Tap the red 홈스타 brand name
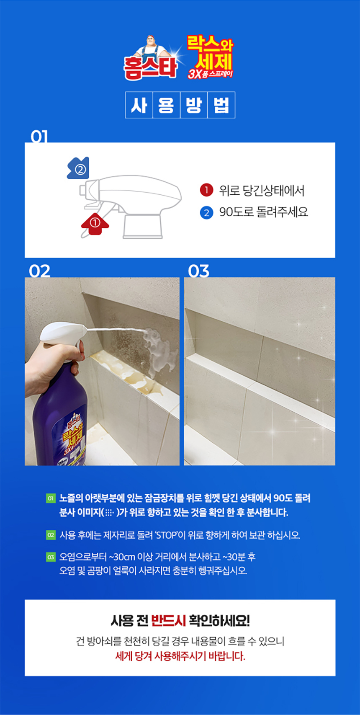pos(150,68)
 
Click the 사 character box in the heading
pos(139,105)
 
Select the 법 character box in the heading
pos(221,105)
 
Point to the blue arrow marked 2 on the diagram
pos(78,168)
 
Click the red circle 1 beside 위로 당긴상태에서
pos(206,190)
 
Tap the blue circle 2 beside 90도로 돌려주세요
pos(206,212)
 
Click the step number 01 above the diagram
pos(39,136)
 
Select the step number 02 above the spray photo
pos(39,271)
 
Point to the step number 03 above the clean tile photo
pos(198,271)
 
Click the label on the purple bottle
pos(71,439)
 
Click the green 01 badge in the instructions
pos(50,498)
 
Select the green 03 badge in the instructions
pos(50,558)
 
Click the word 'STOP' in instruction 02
pos(167,535)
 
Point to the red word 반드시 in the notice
pos(168,620)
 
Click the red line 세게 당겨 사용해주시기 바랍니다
pos(180,656)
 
